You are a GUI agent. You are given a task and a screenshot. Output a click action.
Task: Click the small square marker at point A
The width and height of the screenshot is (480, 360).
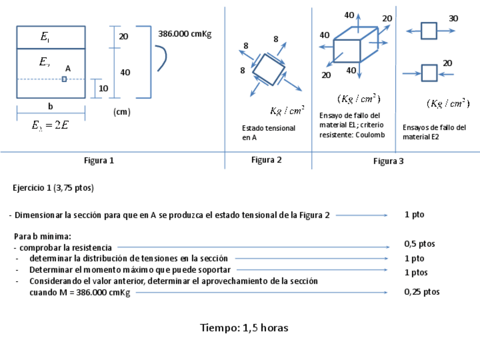(x=64, y=79)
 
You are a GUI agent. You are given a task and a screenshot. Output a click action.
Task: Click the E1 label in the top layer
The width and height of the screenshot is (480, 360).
(x=45, y=38)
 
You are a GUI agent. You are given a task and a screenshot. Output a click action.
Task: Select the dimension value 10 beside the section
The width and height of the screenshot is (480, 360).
(x=104, y=88)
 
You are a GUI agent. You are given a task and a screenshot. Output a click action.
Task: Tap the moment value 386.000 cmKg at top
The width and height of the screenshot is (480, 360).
(x=185, y=34)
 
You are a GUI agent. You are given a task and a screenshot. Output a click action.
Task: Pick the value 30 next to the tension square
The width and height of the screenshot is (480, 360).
(x=453, y=18)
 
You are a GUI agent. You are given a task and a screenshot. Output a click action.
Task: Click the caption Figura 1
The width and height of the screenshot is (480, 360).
(x=99, y=160)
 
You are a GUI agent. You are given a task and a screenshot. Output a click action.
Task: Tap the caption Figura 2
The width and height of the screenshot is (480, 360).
(x=266, y=160)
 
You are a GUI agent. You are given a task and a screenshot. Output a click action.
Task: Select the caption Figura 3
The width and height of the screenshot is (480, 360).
(x=388, y=161)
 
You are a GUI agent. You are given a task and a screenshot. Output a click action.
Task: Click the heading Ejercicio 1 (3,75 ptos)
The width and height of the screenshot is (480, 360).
(x=53, y=188)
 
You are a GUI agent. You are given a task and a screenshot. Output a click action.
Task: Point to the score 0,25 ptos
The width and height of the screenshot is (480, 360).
(x=422, y=292)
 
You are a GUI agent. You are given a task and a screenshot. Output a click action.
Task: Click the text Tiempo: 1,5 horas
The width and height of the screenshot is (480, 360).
(x=244, y=328)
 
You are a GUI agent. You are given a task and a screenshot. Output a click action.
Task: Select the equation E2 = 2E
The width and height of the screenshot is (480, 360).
(x=50, y=126)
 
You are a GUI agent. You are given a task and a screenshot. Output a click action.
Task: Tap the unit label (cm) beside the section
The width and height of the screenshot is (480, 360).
(x=122, y=112)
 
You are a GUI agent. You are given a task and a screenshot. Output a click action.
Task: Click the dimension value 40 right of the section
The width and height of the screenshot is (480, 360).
(x=125, y=72)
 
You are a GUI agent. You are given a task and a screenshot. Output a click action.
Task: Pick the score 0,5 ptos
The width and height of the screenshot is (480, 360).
(x=419, y=244)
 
